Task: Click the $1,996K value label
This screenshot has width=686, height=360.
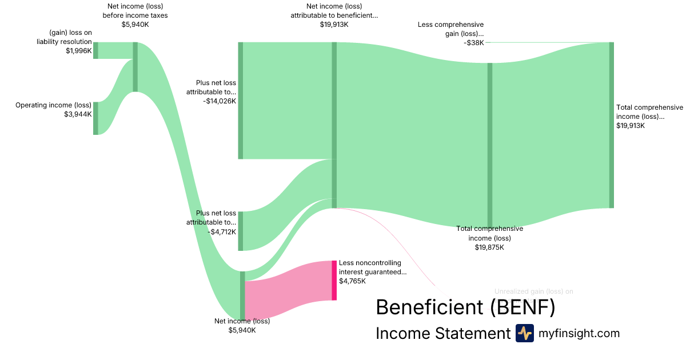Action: click(x=78, y=51)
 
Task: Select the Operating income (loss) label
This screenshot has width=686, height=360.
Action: click(x=53, y=105)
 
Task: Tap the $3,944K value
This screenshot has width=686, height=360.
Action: click(x=78, y=114)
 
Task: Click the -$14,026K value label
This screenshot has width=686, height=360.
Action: click(x=219, y=101)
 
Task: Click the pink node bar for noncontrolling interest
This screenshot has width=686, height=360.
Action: click(x=334, y=280)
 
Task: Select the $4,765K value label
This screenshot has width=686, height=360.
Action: click(x=352, y=281)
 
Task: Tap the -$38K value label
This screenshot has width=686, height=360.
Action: click(x=473, y=42)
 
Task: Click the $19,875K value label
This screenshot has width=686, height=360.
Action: click(x=489, y=247)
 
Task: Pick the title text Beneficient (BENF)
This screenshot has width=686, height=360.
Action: click(x=465, y=307)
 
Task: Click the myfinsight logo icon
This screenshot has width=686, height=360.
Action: click(x=524, y=333)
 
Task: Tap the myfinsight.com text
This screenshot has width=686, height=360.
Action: click(x=579, y=333)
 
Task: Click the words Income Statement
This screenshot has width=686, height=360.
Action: click(x=442, y=333)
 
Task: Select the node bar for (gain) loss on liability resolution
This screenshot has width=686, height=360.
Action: click(x=95, y=50)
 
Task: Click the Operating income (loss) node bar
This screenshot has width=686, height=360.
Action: click(x=95, y=118)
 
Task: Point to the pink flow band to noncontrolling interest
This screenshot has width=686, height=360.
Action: click(x=289, y=289)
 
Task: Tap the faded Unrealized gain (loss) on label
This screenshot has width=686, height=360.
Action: click(x=533, y=291)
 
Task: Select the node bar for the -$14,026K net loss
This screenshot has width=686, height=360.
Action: click(x=241, y=100)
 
